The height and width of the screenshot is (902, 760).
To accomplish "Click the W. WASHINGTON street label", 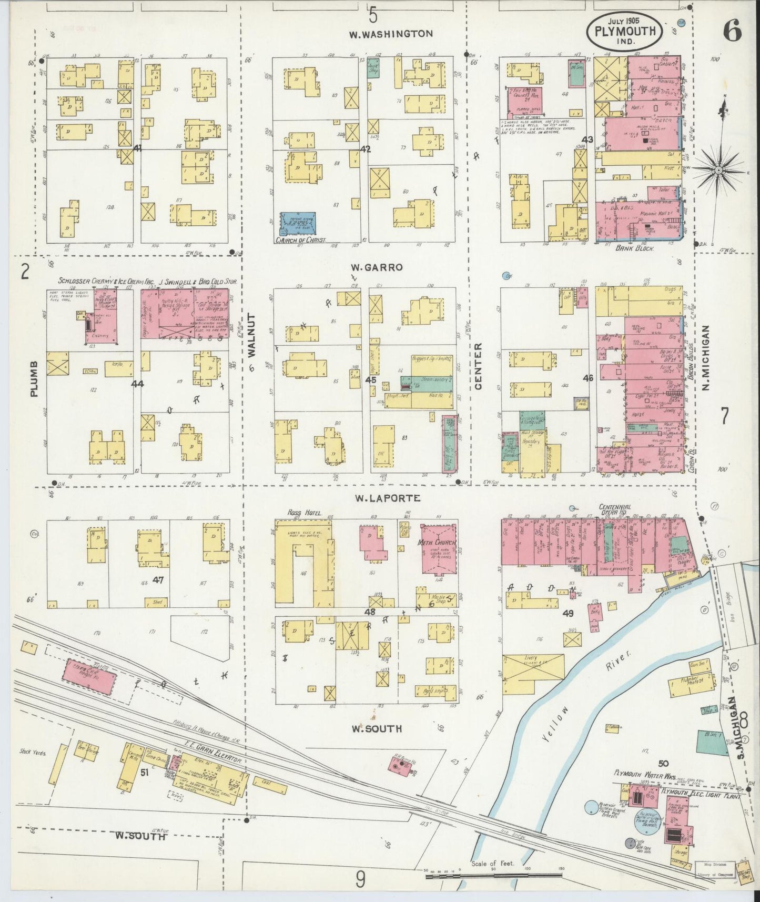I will click(x=391, y=34).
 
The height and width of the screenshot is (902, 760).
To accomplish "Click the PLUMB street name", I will click(x=34, y=379).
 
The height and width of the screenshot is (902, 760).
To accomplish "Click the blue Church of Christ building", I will click(x=297, y=224).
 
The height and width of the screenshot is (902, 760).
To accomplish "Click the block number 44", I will click(x=138, y=384).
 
